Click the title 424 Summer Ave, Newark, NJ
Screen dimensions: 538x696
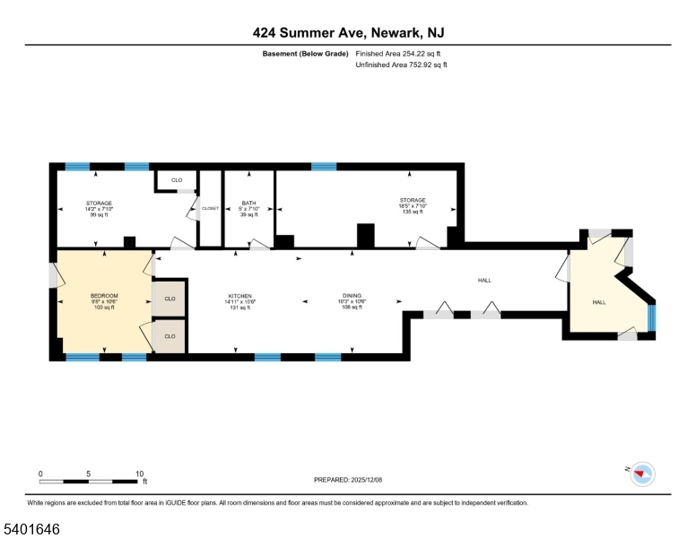click(347, 33)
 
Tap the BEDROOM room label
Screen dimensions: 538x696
click(104, 296)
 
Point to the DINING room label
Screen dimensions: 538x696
click(351, 296)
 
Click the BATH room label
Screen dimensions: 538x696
click(248, 204)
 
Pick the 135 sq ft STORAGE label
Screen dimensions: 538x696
click(412, 200)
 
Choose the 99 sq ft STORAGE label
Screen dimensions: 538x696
click(99, 204)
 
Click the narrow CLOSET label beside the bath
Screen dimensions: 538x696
click(210, 207)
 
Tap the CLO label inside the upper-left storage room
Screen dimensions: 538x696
click(176, 180)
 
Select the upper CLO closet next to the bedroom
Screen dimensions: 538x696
click(170, 298)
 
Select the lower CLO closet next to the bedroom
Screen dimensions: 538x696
click(170, 336)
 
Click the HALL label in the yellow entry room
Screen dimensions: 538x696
click(598, 302)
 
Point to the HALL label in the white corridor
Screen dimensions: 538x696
click(484, 281)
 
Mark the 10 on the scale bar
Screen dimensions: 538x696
click(140, 473)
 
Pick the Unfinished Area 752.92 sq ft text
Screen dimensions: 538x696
click(401, 65)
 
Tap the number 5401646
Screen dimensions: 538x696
click(30, 529)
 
